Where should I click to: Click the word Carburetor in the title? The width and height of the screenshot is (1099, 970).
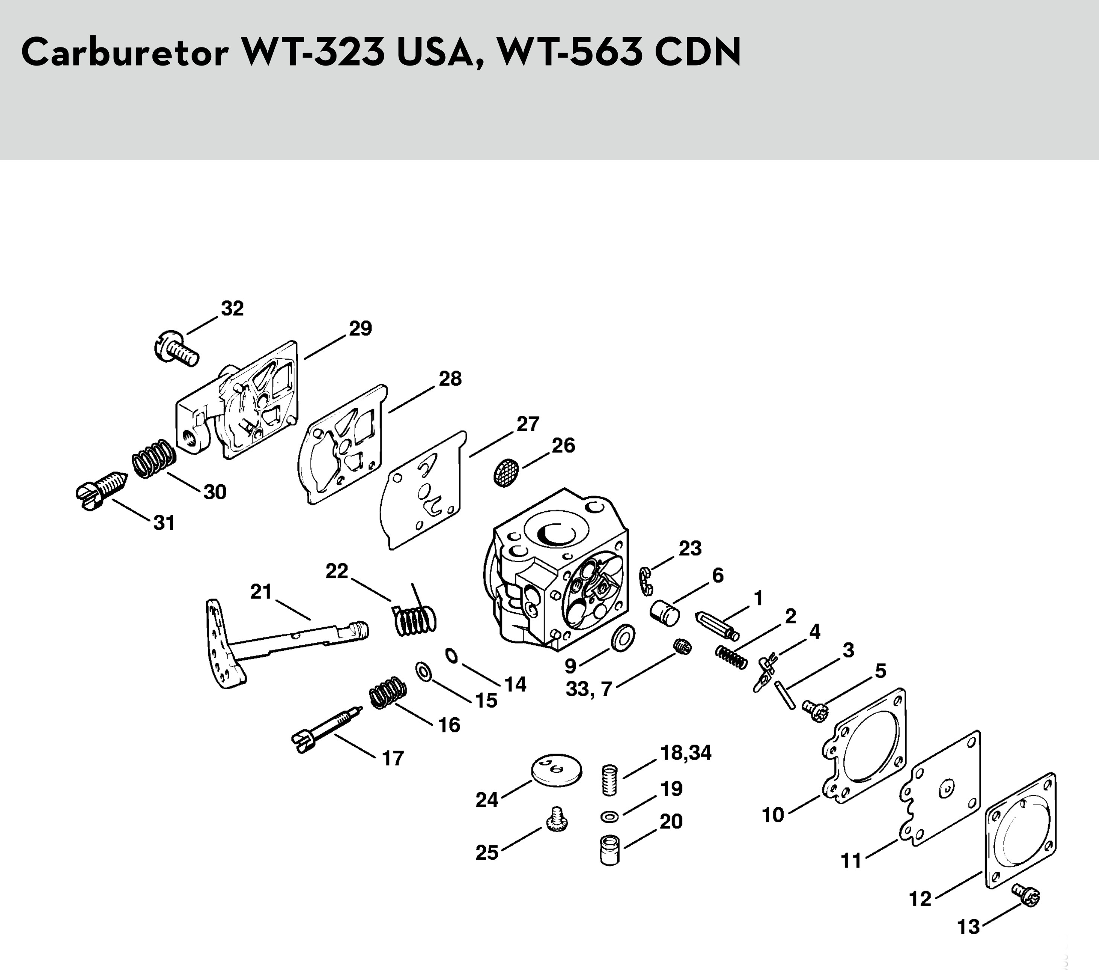click(125, 52)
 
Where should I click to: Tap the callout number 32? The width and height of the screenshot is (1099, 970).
click(232, 308)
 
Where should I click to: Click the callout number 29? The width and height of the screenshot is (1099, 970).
click(360, 328)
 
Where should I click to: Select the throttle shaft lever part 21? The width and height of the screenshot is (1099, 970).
click(269, 640)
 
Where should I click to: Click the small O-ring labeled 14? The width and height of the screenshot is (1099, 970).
click(451, 656)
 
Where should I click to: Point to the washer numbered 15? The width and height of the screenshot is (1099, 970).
click(424, 671)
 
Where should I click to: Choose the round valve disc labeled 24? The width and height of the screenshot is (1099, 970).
click(557, 770)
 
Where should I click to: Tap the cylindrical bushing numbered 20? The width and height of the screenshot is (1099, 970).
click(610, 850)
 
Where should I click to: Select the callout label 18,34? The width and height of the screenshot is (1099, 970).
click(685, 753)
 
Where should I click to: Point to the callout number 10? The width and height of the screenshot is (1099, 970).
click(773, 815)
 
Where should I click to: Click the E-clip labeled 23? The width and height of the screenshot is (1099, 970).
click(645, 581)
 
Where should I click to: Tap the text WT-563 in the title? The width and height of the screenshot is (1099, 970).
click(570, 52)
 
